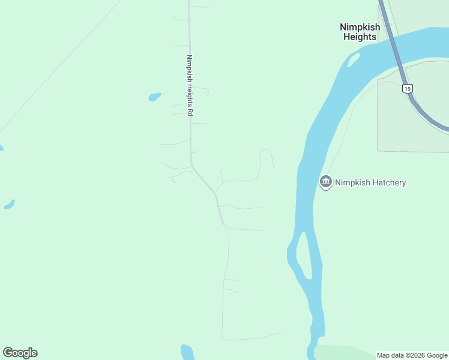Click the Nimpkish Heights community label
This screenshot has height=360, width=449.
coord(360,32)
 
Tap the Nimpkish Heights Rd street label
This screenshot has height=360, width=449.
coord(189,86)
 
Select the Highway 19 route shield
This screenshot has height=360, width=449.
coord(408,89)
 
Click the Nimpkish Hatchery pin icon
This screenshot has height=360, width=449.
coord(326,182)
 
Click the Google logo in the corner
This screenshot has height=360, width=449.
coord(20,353)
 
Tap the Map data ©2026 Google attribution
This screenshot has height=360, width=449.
coord(412,355)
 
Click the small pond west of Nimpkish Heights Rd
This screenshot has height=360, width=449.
coord(155,96)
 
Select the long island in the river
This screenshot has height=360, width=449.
coord(304,255)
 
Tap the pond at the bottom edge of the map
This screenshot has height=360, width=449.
coord(187,352)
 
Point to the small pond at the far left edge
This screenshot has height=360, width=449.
coord(9,205)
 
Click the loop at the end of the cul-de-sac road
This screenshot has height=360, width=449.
coord(266,154)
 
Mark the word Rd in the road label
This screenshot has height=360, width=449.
coord(189,112)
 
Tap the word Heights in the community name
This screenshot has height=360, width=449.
coord(360,37)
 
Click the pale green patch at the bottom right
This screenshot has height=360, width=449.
coord(342,353)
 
